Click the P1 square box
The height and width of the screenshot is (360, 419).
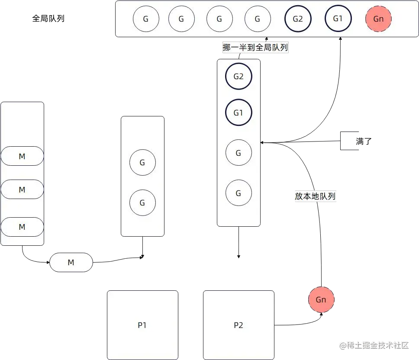(x=142, y=325)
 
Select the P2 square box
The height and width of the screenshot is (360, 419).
(x=239, y=325)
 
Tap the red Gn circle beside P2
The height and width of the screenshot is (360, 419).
(x=321, y=299)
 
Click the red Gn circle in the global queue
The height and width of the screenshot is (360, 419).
(x=378, y=19)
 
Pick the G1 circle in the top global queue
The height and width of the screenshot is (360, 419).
(x=338, y=19)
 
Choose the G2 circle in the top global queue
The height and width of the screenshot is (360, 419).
(x=298, y=19)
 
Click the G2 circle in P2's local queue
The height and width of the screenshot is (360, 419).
(x=239, y=77)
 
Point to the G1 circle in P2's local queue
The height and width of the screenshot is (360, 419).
(x=239, y=113)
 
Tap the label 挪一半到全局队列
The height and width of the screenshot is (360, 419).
(x=255, y=48)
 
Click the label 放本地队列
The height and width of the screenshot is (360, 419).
(x=315, y=196)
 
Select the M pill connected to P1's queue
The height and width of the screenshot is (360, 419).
(x=71, y=262)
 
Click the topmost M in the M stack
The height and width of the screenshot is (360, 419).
(x=22, y=156)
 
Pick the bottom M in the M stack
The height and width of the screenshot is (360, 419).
(x=22, y=227)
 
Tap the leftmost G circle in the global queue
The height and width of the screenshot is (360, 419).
(x=146, y=19)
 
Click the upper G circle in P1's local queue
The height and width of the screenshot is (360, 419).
(x=142, y=163)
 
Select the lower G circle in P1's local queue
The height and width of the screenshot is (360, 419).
(x=142, y=202)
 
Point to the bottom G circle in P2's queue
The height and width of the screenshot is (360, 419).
(x=239, y=193)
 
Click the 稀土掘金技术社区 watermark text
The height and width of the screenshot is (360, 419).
(x=374, y=345)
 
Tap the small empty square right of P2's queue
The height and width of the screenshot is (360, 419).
(x=350, y=141)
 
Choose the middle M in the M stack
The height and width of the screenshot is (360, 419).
(x=22, y=190)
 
